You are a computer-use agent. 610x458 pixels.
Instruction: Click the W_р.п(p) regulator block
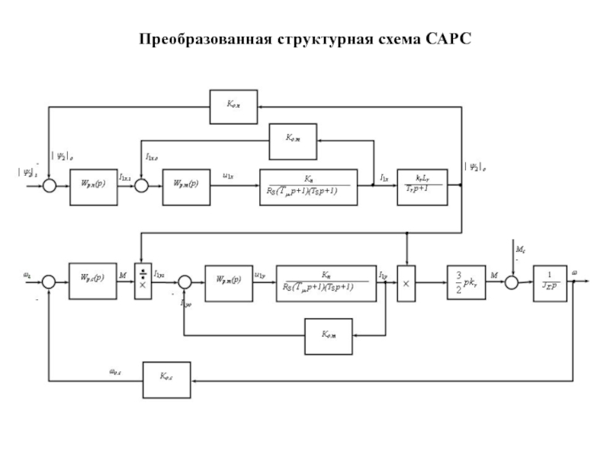click(94, 185)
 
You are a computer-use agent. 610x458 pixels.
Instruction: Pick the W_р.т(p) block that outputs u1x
click(186, 185)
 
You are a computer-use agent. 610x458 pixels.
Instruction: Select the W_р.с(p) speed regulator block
click(92, 280)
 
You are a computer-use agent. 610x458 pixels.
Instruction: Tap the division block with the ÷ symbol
click(143, 280)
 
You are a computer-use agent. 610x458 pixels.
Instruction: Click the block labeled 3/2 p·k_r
click(468, 280)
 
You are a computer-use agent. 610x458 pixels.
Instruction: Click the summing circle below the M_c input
click(512, 282)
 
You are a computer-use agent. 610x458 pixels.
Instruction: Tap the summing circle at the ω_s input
click(47, 282)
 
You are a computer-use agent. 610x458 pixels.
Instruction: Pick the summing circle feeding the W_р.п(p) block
click(49, 185)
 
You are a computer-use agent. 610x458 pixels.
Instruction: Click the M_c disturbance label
click(520, 248)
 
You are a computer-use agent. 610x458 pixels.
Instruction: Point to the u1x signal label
click(228, 176)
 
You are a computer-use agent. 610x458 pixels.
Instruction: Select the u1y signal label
click(259, 272)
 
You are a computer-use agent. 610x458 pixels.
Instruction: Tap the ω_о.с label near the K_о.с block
click(118, 372)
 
